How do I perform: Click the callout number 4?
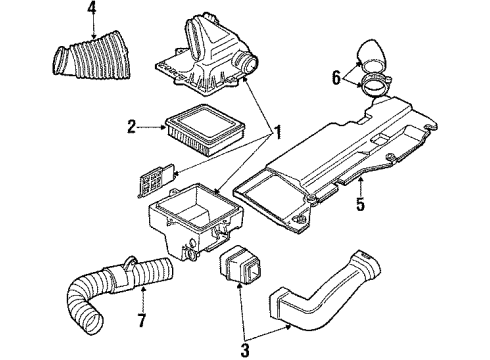coord(92,12)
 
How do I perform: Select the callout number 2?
coord(132,127)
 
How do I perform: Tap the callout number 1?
coord(277,132)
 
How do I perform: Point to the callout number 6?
coord(336,78)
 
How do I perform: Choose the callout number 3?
coord(245,350)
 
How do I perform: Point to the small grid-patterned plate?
coord(156,180)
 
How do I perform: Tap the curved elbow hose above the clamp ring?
coord(371,56)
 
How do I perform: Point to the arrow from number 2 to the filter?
coord(152,127)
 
